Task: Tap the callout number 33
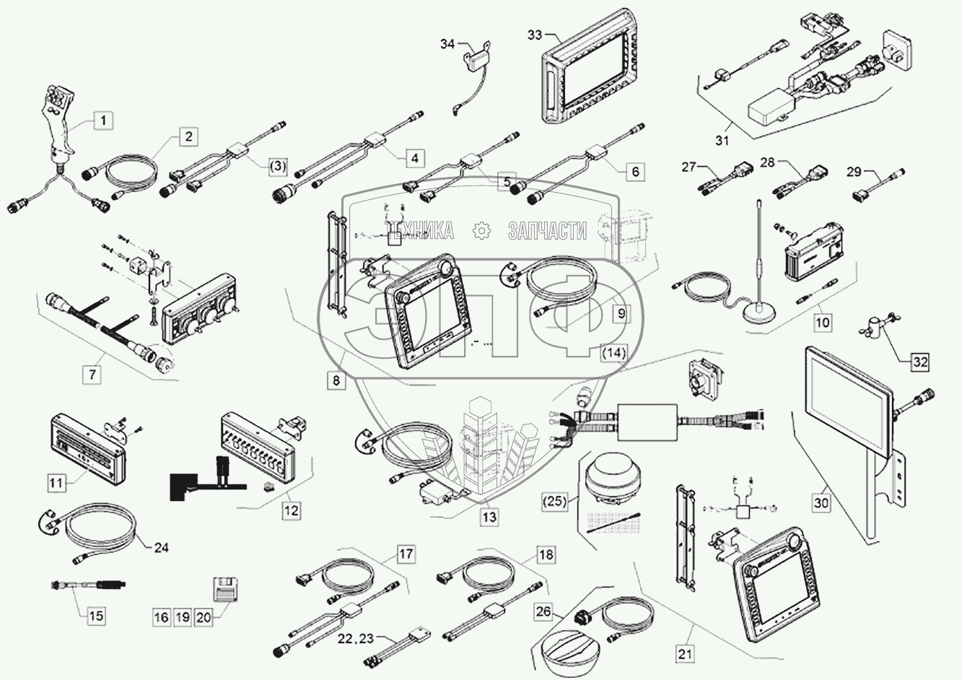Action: click(535, 34)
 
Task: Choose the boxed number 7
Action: click(92, 375)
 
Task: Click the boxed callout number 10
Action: click(823, 322)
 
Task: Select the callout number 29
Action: click(854, 172)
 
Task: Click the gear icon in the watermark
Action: click(481, 230)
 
